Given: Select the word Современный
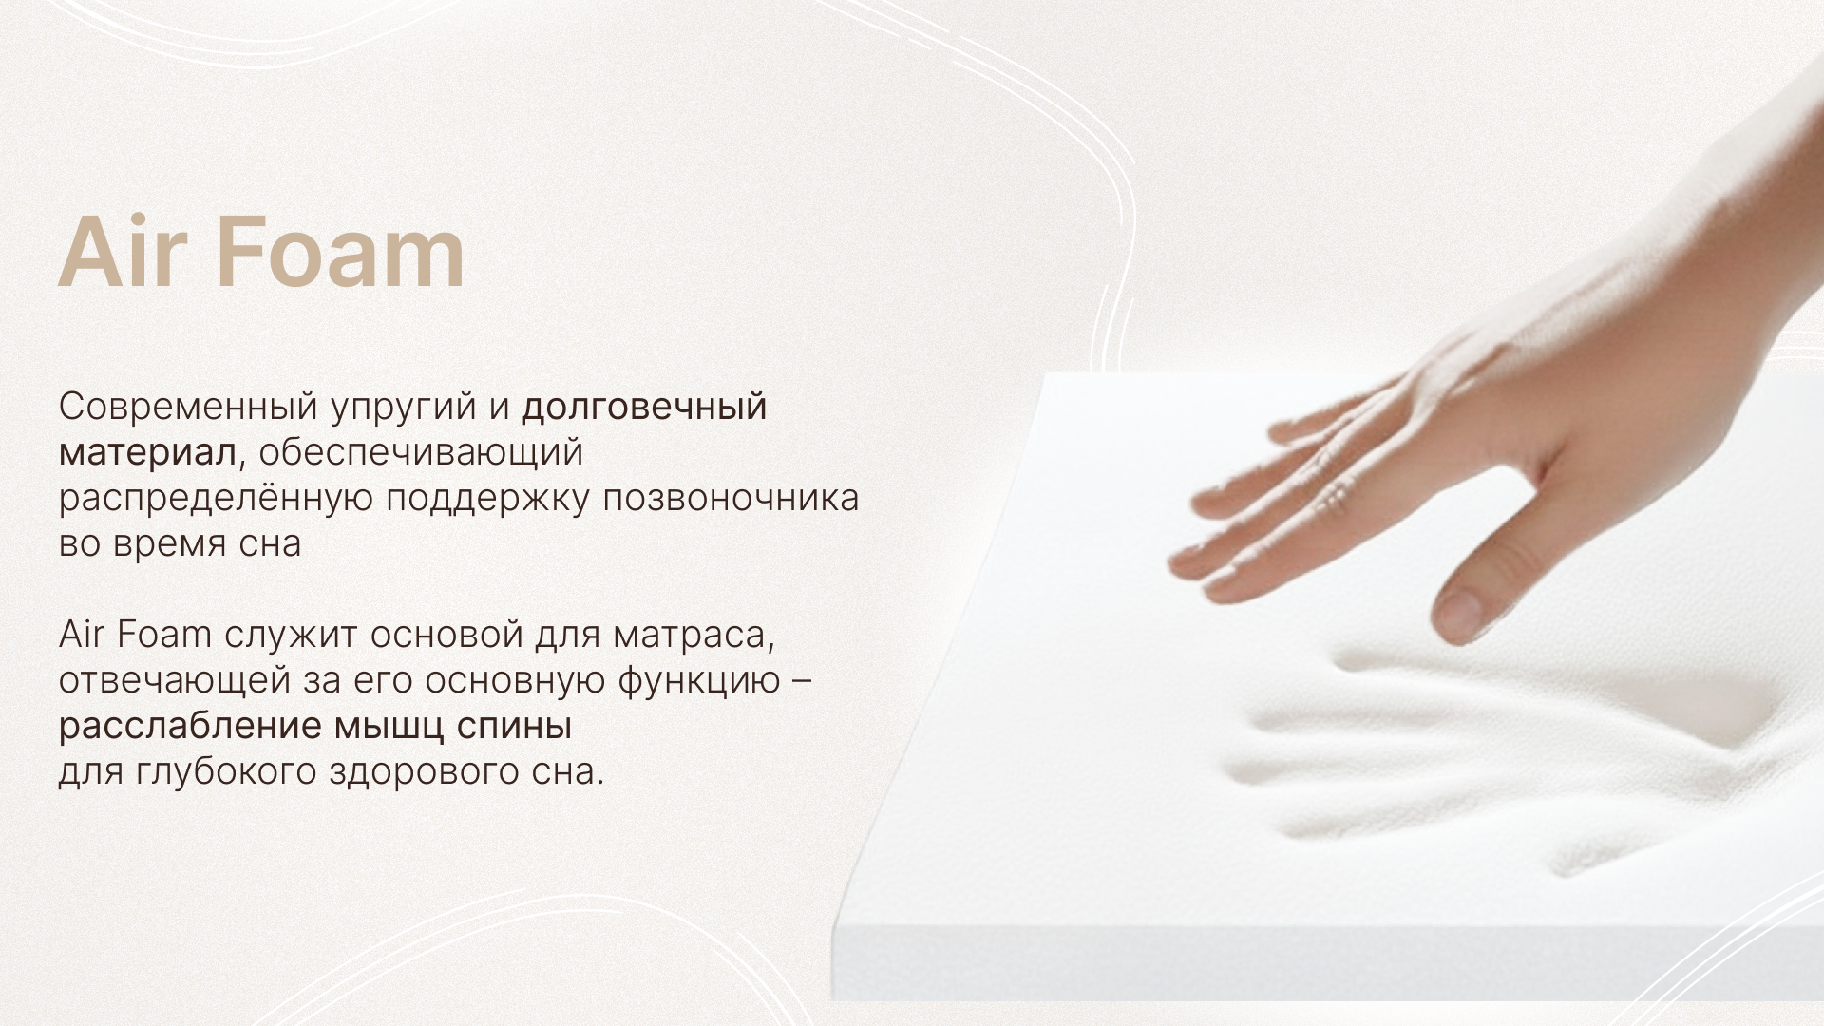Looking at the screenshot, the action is pyautogui.click(x=187, y=407).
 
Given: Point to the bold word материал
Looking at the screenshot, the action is pyautogui.click(x=147, y=453).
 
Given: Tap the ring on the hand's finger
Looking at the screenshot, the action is pyautogui.click(x=1335, y=495).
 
